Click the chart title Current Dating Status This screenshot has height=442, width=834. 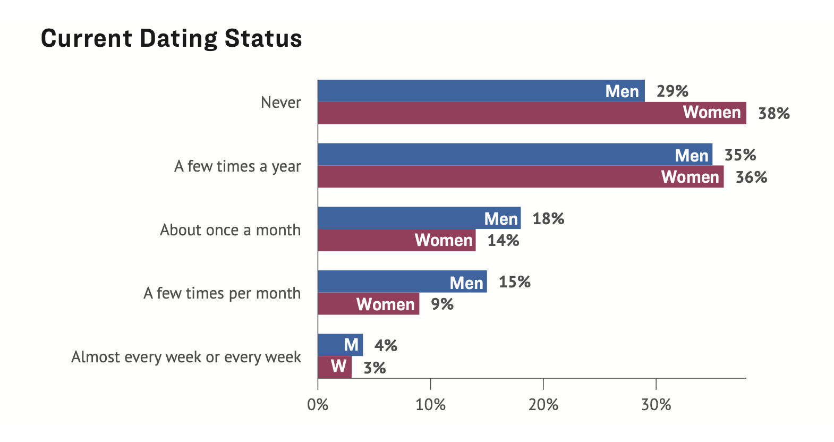point(171,39)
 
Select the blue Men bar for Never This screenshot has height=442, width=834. point(481,91)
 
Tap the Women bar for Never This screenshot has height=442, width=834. point(531,113)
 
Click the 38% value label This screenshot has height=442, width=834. point(773,114)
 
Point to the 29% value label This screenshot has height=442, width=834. point(672,91)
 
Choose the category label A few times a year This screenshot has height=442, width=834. point(237,166)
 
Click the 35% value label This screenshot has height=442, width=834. point(740,155)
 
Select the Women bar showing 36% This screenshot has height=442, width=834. point(521,177)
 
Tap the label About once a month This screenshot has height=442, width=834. point(230,230)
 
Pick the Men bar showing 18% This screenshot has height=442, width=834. point(419,218)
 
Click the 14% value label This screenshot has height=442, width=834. point(503,241)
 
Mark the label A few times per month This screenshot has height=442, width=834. point(222,293)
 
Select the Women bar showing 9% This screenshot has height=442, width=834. point(368,304)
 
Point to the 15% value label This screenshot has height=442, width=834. point(514,282)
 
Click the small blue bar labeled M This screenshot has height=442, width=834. point(340,345)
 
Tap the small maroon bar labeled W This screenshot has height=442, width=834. point(335,367)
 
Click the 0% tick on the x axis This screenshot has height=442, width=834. point(318,405)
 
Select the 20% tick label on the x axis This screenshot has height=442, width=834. point(543,405)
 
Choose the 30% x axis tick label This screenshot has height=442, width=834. point(656,405)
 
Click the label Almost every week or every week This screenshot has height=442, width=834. point(186,357)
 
